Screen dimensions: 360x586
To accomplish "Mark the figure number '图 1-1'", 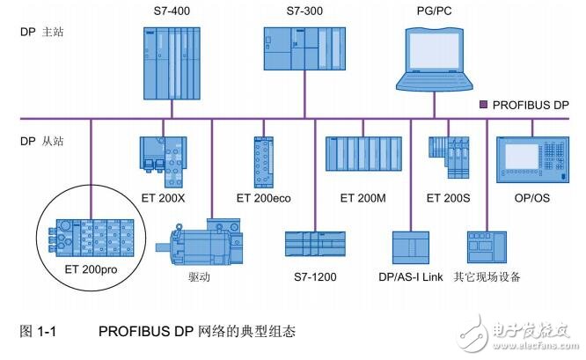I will coord(37,332).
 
